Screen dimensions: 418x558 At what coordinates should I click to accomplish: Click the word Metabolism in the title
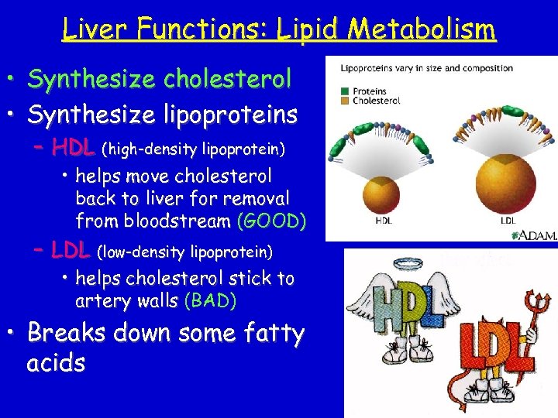[422, 29]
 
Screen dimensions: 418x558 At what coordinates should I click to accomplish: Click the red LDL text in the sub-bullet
[71, 250]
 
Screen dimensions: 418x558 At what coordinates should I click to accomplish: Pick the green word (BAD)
[210, 300]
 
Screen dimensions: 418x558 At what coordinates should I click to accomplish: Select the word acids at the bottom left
[56, 363]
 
